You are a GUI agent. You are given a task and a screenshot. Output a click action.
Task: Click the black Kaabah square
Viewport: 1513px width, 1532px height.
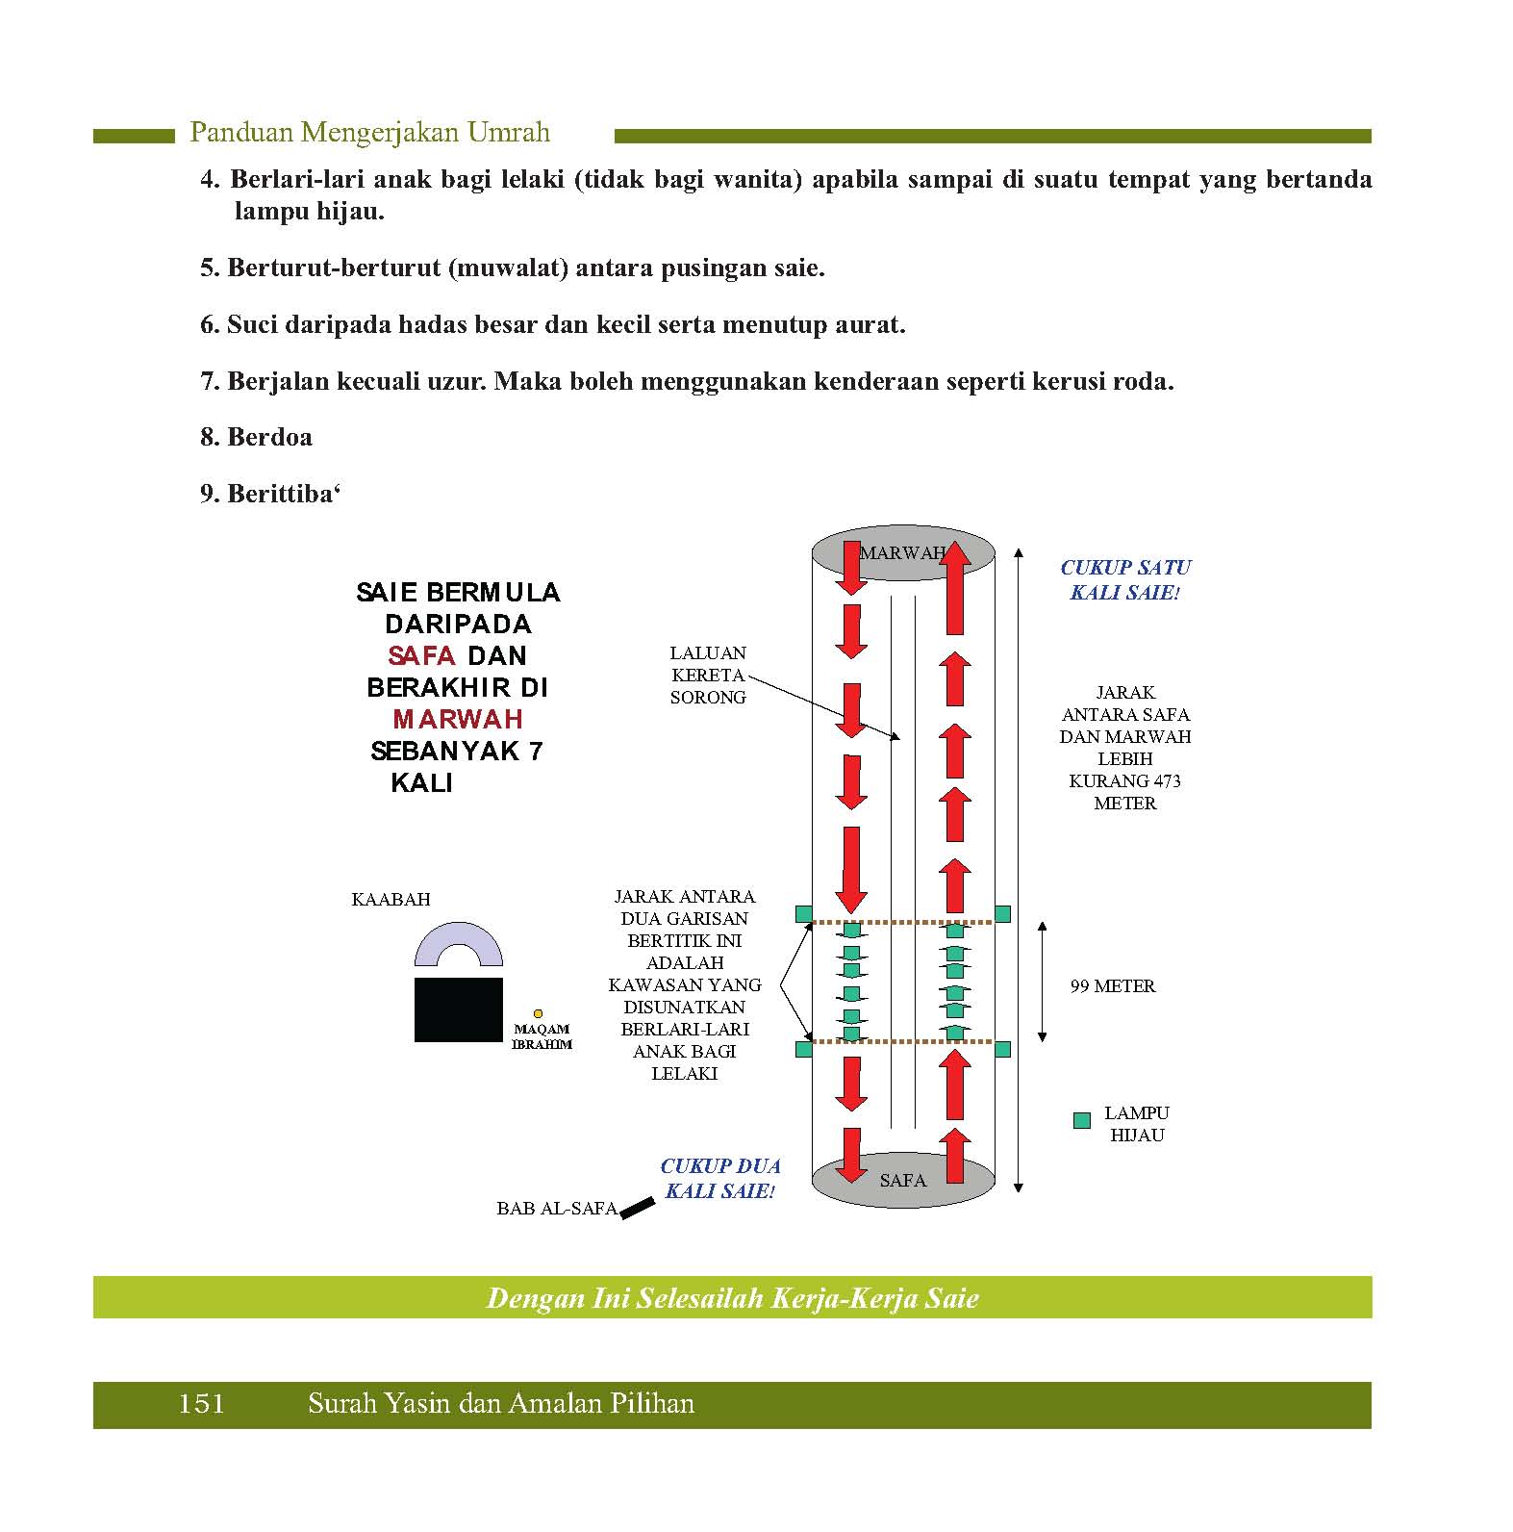tap(458, 1009)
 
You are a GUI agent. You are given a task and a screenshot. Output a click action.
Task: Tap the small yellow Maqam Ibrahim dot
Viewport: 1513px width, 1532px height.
tap(538, 1013)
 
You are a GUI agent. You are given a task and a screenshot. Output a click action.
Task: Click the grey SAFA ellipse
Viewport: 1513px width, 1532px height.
tap(902, 1181)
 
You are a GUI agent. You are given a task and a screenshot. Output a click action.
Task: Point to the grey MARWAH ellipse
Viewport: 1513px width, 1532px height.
tap(902, 553)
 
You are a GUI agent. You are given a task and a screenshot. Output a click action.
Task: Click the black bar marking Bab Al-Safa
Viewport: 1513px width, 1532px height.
tap(637, 1208)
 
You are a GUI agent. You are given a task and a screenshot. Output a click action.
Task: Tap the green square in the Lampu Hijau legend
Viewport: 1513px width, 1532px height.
tap(1082, 1120)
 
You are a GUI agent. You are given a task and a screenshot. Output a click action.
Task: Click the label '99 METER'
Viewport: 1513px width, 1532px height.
tap(1113, 986)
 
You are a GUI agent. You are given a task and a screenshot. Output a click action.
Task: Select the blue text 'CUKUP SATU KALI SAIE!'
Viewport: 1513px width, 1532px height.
tap(1125, 580)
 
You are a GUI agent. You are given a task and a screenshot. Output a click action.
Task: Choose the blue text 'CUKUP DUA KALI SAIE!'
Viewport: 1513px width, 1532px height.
tap(719, 1179)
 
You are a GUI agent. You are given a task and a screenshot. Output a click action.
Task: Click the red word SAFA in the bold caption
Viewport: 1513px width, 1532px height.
tap(421, 656)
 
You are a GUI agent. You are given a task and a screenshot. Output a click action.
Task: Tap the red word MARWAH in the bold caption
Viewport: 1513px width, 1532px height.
tap(458, 720)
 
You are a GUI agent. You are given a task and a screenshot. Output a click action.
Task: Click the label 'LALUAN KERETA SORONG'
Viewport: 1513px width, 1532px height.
tap(708, 676)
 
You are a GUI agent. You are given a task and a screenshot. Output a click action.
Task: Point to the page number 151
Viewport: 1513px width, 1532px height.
tap(201, 1404)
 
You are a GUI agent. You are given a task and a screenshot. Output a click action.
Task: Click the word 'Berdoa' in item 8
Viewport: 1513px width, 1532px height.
tap(269, 438)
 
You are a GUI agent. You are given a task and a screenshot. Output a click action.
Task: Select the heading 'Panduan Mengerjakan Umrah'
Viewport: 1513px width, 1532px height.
tap(370, 133)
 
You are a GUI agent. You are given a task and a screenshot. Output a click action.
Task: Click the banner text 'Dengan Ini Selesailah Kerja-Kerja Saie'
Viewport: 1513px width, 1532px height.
tap(732, 1299)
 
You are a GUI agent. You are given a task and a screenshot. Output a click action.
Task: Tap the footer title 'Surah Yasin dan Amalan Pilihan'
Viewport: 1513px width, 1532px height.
tap(501, 1404)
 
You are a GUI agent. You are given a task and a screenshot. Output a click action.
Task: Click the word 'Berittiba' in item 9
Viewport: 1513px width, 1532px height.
tap(280, 495)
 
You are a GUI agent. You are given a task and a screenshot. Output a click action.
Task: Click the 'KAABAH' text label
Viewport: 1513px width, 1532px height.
tap(391, 900)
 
